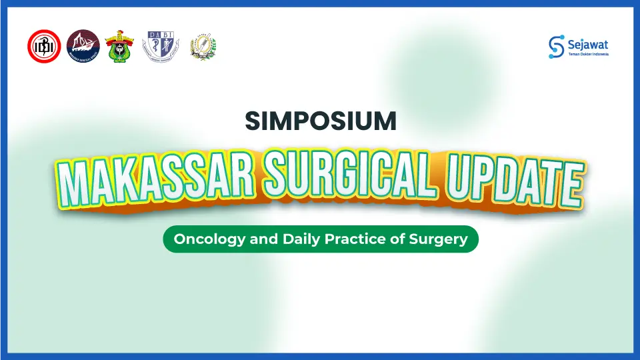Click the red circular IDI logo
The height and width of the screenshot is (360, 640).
click(44, 46)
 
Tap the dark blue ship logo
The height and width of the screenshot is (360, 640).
click(83, 46)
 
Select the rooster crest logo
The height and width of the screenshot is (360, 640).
click(119, 46)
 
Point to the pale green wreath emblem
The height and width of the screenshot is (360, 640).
click(203, 46)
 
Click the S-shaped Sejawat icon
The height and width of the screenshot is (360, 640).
click(556, 46)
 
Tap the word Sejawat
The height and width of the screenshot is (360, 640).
click(588, 43)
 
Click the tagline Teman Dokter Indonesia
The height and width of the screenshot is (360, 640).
click(588, 54)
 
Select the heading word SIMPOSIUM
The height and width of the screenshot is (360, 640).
click(320, 121)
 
